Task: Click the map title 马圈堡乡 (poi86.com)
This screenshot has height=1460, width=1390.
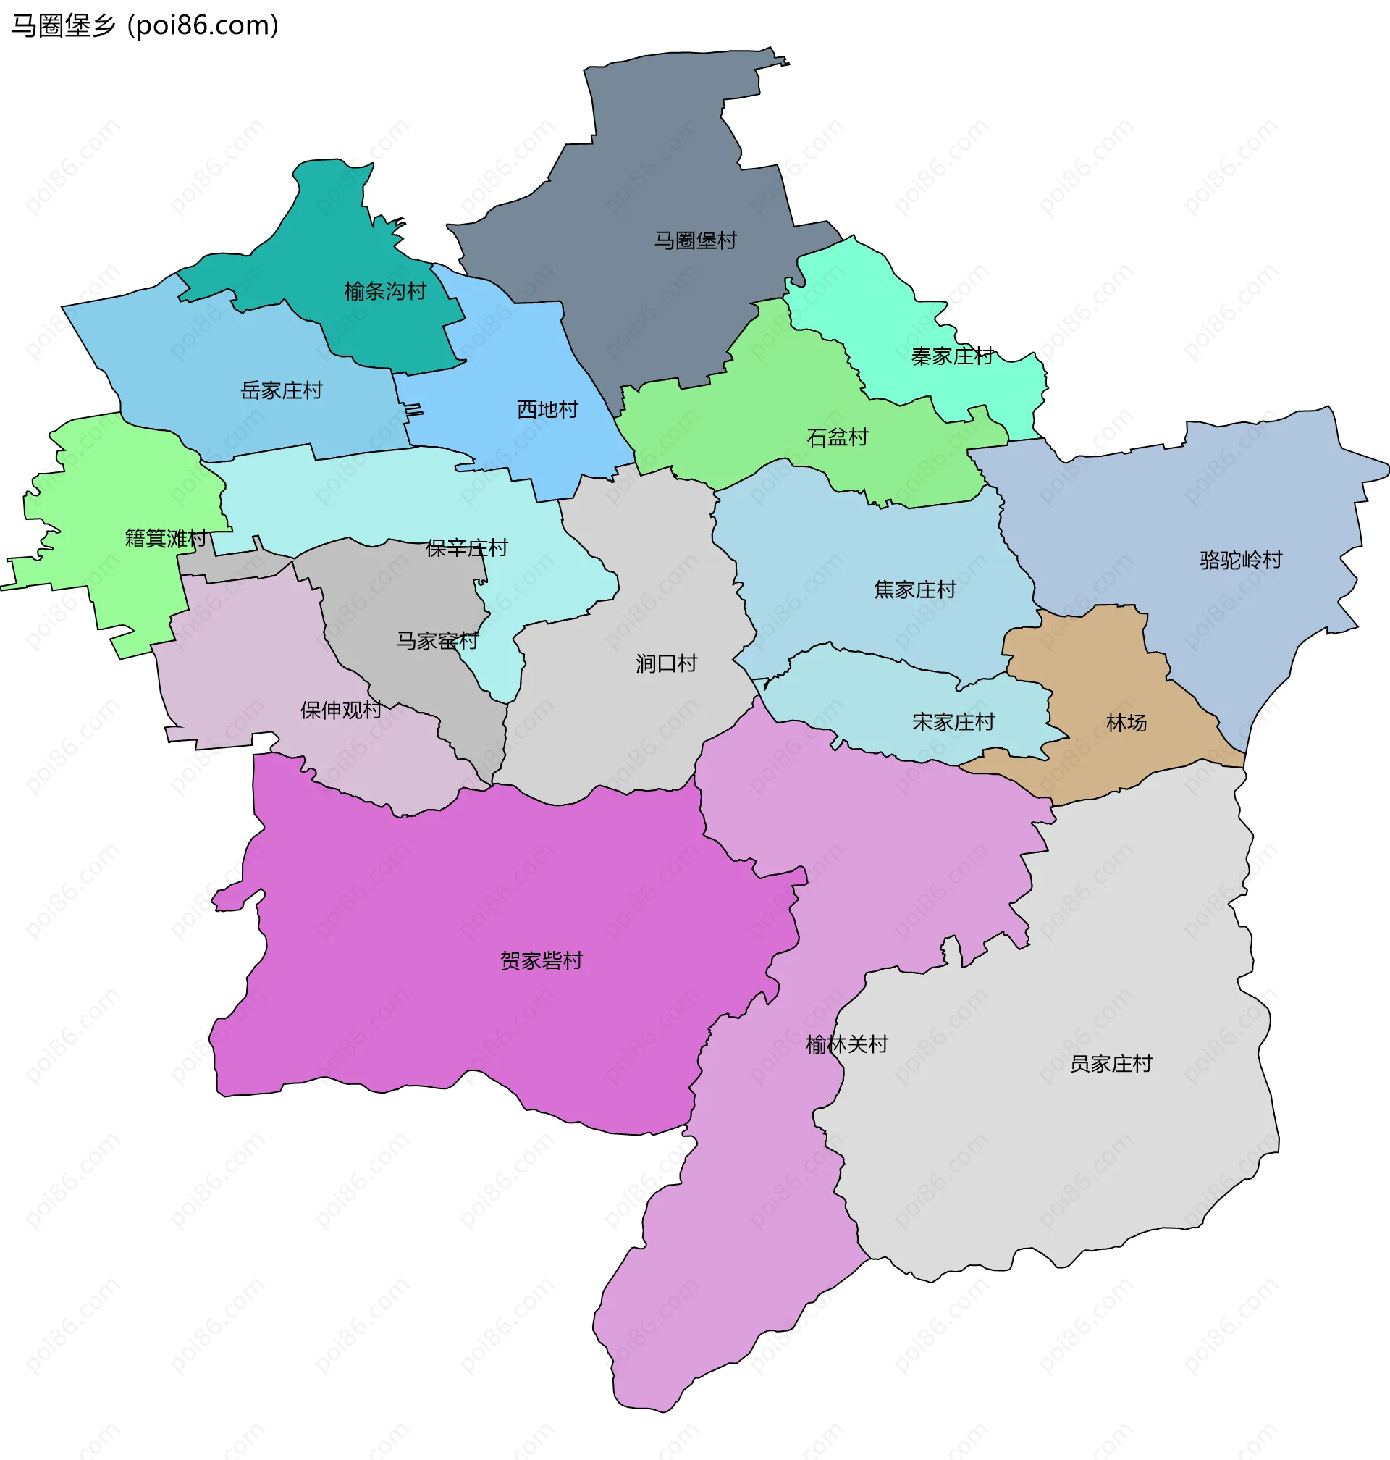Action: [x=145, y=25]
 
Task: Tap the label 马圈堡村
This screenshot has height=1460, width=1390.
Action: [x=695, y=240]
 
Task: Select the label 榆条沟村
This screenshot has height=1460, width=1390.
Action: [x=385, y=291]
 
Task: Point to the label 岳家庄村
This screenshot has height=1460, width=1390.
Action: [x=282, y=390]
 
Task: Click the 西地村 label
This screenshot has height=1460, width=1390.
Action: [x=547, y=410]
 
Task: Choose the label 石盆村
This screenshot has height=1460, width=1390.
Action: [x=838, y=437]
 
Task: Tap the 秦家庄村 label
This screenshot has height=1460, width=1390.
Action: [x=952, y=356]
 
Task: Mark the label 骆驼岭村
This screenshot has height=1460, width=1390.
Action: [x=1241, y=560]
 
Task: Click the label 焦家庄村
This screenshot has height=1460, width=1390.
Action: [x=915, y=590]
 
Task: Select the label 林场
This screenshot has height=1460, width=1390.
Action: [x=1126, y=723]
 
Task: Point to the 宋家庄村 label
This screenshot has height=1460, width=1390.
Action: [x=953, y=722]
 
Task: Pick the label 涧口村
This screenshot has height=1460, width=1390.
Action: [x=666, y=663]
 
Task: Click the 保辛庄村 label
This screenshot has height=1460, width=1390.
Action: [x=467, y=548]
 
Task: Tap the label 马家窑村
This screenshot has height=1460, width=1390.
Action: [x=437, y=641]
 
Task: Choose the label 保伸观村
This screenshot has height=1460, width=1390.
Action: [x=341, y=710]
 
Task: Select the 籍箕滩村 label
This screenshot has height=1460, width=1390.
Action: [x=165, y=538]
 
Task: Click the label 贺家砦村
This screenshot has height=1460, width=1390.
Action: [x=542, y=961]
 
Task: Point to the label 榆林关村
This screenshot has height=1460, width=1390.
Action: [x=847, y=1045]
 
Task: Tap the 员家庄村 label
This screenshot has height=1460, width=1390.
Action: [x=1111, y=1065]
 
